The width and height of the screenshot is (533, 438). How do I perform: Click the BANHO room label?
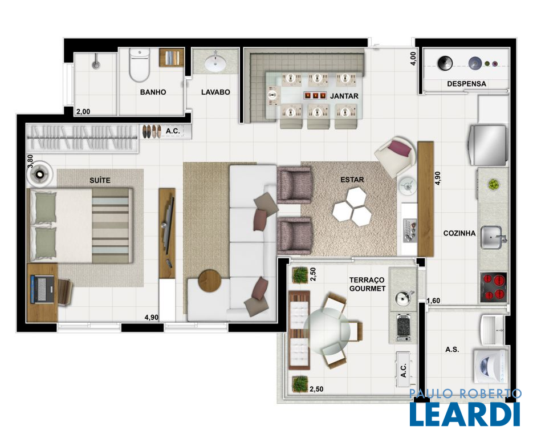153,92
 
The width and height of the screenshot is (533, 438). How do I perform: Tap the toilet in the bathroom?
139,64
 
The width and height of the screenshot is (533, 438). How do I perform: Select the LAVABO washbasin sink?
214,62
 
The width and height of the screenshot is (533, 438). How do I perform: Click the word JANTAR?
344,96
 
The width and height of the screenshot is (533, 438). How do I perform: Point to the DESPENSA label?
466,84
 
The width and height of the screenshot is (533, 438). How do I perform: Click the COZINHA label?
459,233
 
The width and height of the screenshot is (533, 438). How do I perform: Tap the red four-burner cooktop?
494,287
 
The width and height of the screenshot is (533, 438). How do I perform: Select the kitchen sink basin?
492,237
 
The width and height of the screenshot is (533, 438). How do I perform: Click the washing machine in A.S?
491,366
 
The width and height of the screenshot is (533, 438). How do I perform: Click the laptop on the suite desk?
42,289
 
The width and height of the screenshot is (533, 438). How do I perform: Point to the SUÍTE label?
100,180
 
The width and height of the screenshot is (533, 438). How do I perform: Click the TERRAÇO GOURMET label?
368,284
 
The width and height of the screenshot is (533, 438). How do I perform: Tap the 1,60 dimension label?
433,301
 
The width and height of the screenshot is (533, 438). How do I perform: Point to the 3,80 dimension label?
30,161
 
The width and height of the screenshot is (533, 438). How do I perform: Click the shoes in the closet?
152,132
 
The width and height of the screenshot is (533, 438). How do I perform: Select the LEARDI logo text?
465,414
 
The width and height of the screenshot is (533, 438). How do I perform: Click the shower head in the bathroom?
96,64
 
